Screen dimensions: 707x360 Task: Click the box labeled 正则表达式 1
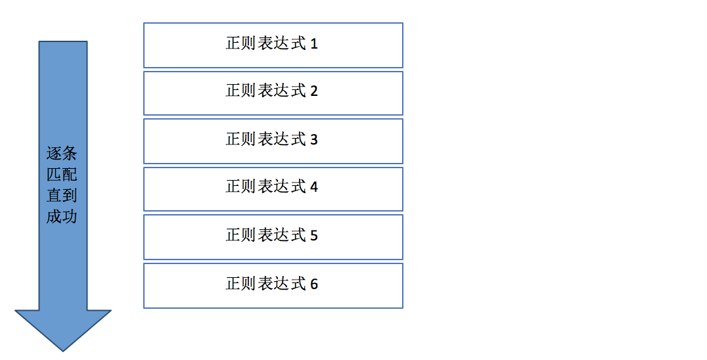pyautogui.click(x=273, y=45)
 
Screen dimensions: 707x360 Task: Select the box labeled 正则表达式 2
pyautogui.click(x=273, y=93)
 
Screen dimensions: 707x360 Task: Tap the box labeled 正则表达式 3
pyautogui.click(x=273, y=141)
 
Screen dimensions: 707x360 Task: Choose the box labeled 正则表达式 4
pyautogui.click(x=273, y=189)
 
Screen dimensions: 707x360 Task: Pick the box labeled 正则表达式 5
pyautogui.click(x=273, y=237)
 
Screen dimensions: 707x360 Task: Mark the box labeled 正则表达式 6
pyautogui.click(x=273, y=286)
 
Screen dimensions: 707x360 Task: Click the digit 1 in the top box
pyautogui.click(x=314, y=44)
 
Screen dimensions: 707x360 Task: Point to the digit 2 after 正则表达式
pyautogui.click(x=314, y=91)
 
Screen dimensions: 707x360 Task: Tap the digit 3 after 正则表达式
pyautogui.click(x=314, y=140)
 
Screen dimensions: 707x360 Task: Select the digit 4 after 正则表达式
pyautogui.click(x=314, y=187)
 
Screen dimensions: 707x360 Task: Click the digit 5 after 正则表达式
pyautogui.click(x=314, y=235)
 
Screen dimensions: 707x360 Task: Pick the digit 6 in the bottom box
pyautogui.click(x=314, y=284)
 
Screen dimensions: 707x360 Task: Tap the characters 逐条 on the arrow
pyautogui.click(x=62, y=153)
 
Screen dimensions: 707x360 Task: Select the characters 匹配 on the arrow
pyautogui.click(x=62, y=174)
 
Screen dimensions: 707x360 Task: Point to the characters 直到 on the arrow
pyautogui.click(x=62, y=196)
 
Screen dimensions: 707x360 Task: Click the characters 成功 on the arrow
pyautogui.click(x=62, y=217)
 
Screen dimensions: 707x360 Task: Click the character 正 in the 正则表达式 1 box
pyautogui.click(x=233, y=43)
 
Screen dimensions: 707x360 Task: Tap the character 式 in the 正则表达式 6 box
pyautogui.click(x=298, y=283)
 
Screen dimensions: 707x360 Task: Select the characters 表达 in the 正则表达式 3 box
pyautogui.click(x=274, y=139)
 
